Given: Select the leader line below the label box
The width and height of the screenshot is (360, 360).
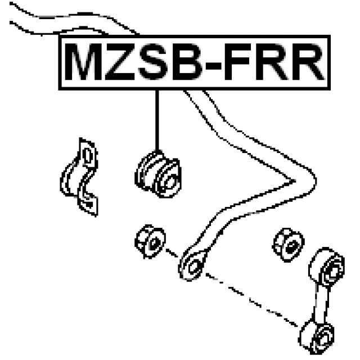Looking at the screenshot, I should coord(157,118).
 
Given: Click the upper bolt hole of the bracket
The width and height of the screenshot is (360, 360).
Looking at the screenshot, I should coord(87,155).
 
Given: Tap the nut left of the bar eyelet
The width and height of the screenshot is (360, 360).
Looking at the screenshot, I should coord(150,241).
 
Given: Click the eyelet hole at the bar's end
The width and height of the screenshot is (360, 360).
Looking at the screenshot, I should coord(191,264).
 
